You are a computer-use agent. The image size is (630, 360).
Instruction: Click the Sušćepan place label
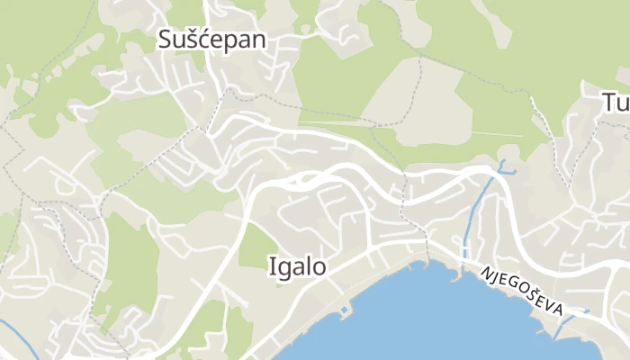212,39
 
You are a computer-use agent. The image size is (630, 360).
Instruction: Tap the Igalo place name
297,265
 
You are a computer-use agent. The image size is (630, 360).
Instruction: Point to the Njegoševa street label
522,291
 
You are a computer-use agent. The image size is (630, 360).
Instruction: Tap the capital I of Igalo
272,265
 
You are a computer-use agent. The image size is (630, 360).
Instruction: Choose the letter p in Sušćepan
238,41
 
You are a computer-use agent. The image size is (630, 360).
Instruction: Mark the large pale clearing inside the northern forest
396,99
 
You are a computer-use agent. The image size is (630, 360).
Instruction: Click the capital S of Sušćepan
166,39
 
